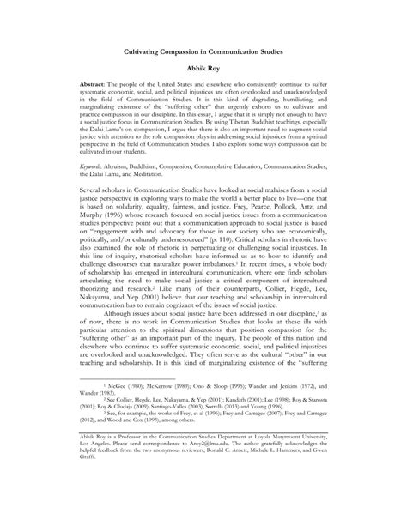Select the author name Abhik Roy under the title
(x=203, y=68)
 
